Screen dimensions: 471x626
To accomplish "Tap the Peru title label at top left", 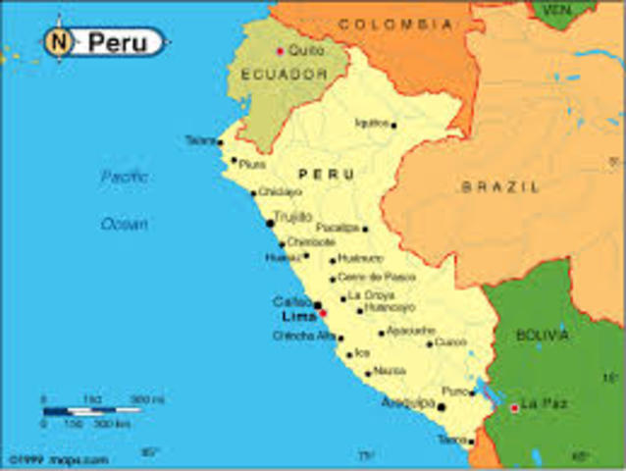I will pos(116,42).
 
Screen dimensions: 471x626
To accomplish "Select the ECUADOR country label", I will pos(271,73).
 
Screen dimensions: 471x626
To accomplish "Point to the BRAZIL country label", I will pos(500,185).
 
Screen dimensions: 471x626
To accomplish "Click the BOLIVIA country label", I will pos(543,336).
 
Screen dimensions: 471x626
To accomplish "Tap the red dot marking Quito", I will pos(280,50).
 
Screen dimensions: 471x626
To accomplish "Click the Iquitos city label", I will pos(373,124).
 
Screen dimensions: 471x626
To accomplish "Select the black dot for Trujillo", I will pos(270,224).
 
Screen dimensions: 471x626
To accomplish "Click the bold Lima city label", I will pos(298,317).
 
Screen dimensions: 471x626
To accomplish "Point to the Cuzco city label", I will pos(450,342).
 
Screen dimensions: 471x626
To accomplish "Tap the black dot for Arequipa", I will pos(442,406).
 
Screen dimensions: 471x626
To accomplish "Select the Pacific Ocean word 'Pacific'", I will pos(125,178).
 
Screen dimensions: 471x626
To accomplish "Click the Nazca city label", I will pos(390,372).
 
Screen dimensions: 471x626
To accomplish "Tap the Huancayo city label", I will pos(389,308).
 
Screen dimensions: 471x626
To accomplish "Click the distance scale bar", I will pos(92,411).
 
